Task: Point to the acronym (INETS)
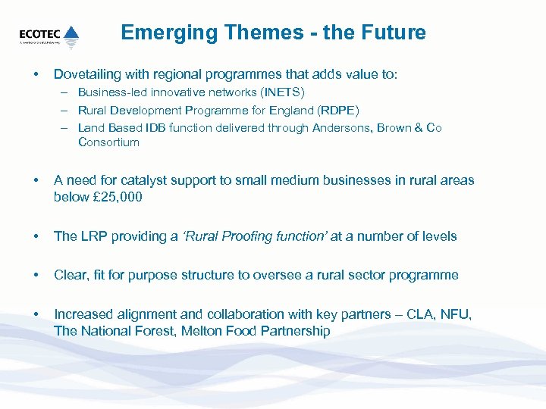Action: coord(282,93)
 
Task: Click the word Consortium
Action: coord(108,142)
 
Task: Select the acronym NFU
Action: coord(453,314)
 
